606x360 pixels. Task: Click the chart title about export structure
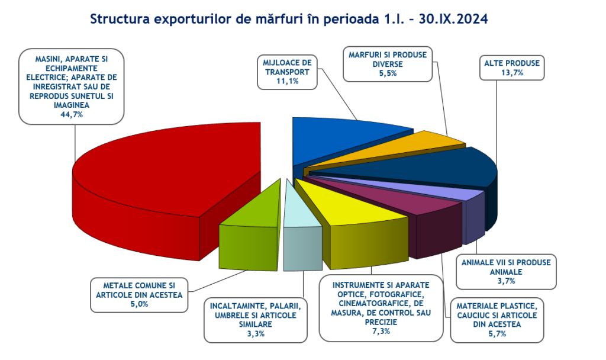click(289, 18)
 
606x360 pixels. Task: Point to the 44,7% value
click(72, 114)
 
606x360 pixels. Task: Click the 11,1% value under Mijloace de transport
click(288, 81)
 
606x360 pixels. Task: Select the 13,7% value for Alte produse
click(512, 72)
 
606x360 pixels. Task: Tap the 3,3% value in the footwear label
click(256, 333)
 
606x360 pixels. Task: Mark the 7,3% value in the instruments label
click(381, 331)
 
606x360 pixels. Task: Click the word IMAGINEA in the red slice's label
click(72, 105)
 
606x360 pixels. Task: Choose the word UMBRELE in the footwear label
click(231, 315)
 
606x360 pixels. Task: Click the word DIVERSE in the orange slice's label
click(388, 64)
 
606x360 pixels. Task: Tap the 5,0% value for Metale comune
click(139, 304)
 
